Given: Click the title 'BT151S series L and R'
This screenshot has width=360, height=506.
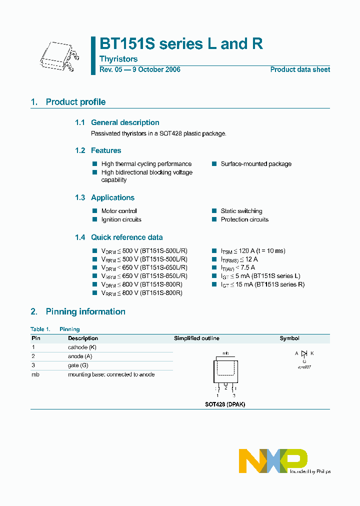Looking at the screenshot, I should click(x=181, y=44).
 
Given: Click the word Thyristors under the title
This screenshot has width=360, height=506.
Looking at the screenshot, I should click(x=118, y=59).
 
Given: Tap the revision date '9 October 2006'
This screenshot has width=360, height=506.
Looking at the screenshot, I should click(x=156, y=69).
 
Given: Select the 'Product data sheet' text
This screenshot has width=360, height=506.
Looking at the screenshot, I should click(x=300, y=69).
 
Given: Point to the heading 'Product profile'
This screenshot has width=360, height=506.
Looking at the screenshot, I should click(x=75, y=102).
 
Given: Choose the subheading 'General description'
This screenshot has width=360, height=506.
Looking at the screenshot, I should click(x=125, y=122).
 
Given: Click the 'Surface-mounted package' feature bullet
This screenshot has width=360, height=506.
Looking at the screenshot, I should click(x=256, y=164).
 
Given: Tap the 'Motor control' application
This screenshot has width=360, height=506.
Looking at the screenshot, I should click(x=119, y=211).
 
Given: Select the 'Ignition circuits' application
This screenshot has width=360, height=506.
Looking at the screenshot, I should click(x=121, y=219).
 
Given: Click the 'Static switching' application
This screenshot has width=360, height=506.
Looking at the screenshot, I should click(x=241, y=211).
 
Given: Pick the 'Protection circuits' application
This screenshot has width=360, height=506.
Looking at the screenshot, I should click(x=244, y=219).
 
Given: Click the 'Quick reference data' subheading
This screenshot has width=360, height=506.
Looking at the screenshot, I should click(x=126, y=237).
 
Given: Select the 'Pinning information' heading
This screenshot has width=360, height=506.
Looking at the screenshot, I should click(x=85, y=312).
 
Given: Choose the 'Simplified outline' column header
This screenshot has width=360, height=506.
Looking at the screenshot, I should click(x=196, y=338).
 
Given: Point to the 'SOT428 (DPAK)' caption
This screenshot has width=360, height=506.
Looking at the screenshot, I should click(x=225, y=404).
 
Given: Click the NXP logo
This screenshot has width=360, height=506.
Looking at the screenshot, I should click(x=272, y=460).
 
